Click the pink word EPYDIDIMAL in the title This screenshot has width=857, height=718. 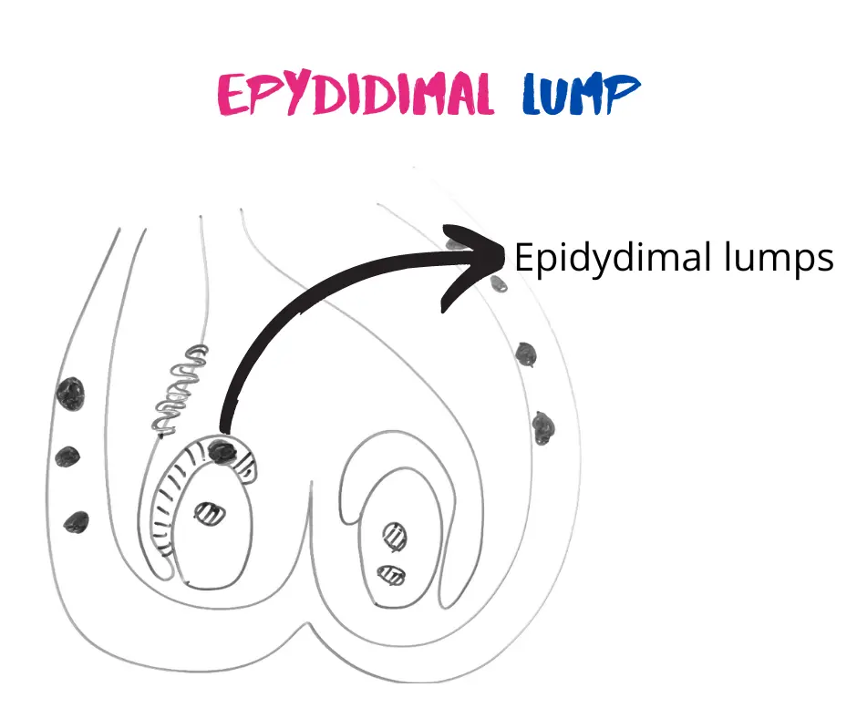356,95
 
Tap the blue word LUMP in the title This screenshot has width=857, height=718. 582,95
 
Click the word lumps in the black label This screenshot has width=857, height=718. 780,260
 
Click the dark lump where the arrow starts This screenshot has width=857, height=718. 221,448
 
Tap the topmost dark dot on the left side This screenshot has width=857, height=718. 70,394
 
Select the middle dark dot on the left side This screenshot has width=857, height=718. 64,457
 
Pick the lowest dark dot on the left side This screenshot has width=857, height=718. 75,522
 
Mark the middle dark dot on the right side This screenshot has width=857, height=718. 526,354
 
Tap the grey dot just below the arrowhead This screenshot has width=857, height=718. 499,284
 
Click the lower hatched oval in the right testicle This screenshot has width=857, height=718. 392,575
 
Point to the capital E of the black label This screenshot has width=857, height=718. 523,258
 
